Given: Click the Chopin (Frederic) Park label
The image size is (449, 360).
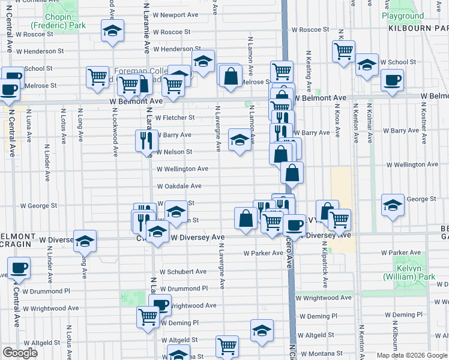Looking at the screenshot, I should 58,21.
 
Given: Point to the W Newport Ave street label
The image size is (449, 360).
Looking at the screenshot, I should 175,15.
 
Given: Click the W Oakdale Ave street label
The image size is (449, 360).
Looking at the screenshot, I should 179,186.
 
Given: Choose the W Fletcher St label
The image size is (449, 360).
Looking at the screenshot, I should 175,118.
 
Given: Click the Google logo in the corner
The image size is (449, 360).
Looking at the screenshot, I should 20,353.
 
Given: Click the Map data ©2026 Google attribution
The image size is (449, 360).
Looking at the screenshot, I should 411,355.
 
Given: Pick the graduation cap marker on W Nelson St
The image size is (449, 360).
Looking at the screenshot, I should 240,140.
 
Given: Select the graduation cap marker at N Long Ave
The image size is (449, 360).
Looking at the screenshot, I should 85,241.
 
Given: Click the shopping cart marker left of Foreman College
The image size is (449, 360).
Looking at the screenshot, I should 97,77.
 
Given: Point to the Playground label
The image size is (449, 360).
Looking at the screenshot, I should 402,16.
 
